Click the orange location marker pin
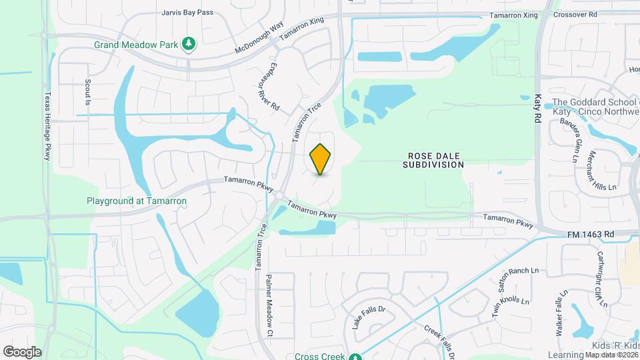[x=321, y=159]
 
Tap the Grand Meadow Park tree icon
[x=190, y=44]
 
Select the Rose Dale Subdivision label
[x=433, y=159]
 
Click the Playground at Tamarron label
[x=137, y=200]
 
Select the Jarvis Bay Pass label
[x=187, y=12]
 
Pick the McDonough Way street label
[x=260, y=41]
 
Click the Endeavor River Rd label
[x=268, y=89]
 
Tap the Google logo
[x=22, y=351]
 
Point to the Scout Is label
[x=87, y=91]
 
